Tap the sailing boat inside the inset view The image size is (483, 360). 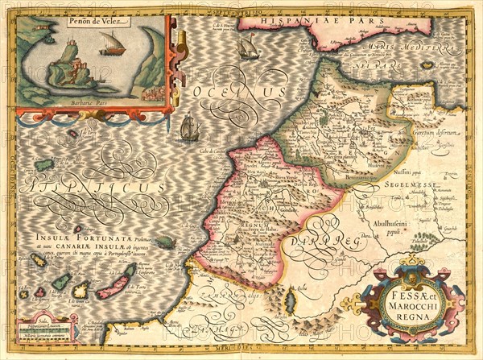coord(112,45)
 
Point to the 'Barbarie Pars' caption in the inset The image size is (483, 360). coord(93,104)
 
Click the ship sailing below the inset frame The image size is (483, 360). coord(189,127)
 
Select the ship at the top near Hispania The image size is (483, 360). coord(248,46)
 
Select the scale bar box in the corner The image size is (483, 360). coord(44,330)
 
